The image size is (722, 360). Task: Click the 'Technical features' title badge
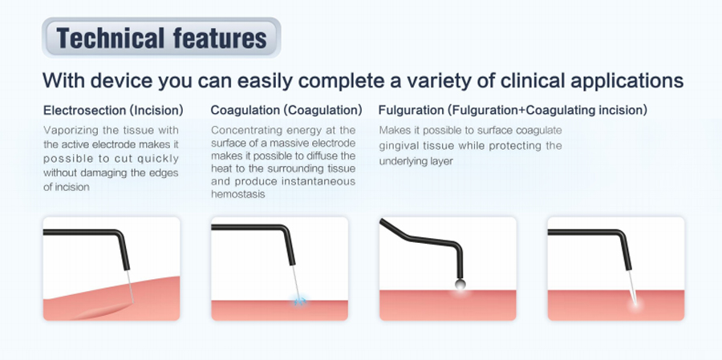pyautogui.click(x=161, y=38)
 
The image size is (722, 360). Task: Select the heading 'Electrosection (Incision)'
pyautogui.click(x=113, y=111)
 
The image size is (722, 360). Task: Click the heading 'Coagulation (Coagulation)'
pyautogui.click(x=286, y=111)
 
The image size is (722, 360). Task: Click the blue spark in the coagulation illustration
pyautogui.click(x=300, y=301)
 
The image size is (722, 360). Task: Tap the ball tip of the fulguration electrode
pyautogui.click(x=460, y=285)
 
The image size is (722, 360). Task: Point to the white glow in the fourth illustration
pyautogui.click(x=636, y=305)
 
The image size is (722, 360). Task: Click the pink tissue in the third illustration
pyautogui.click(x=448, y=305)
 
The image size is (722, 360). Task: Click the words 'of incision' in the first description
pyautogui.click(x=67, y=188)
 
